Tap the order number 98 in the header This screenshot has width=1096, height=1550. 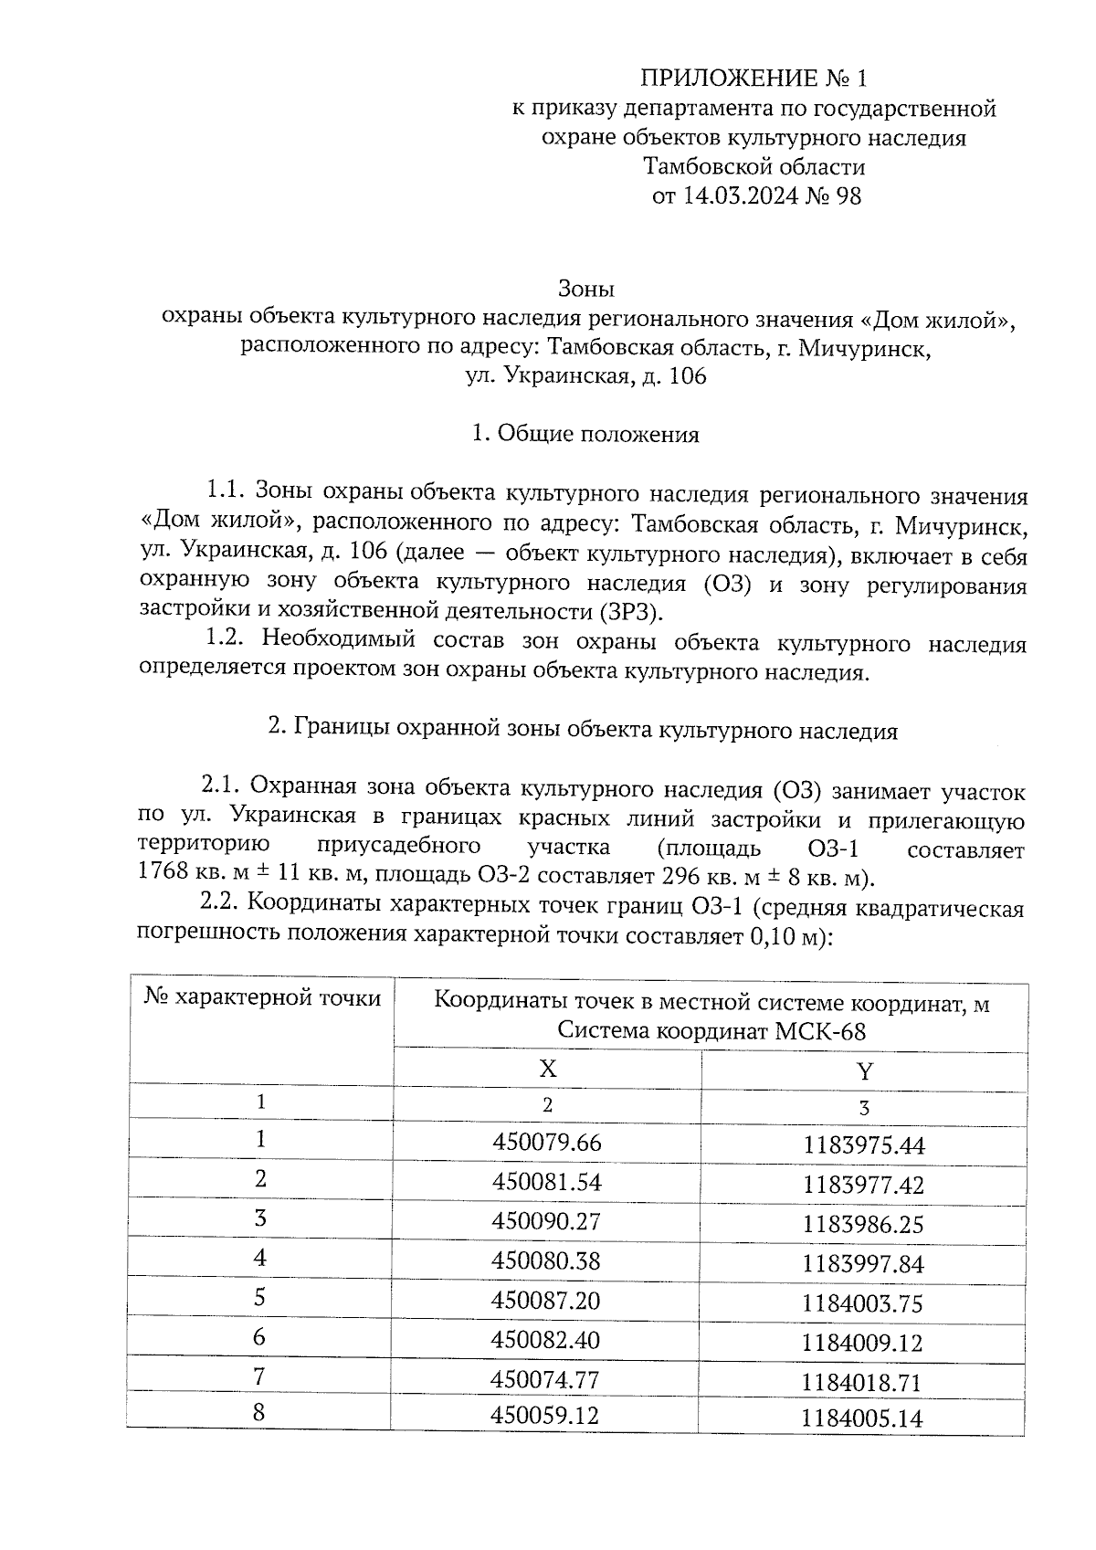coord(847,196)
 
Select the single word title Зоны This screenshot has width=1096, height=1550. coord(586,290)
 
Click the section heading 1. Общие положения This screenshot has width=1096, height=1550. coord(585,435)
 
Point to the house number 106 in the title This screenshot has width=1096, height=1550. coord(688,376)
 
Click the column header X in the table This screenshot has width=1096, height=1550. coord(547,1069)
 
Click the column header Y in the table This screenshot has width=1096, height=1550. coord(864,1071)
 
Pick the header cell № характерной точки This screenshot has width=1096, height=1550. coord(263,999)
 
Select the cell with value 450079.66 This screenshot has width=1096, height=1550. coord(547,1143)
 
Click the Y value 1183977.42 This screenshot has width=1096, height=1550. coord(863,1186)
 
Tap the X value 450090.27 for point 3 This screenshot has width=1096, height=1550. coord(547,1221)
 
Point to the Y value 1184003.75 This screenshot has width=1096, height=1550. coord(863,1303)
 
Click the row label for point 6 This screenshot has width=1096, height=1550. coord(260,1337)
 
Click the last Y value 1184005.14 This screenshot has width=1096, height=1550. coord(862,1419)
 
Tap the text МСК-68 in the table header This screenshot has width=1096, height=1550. coord(819,1032)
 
